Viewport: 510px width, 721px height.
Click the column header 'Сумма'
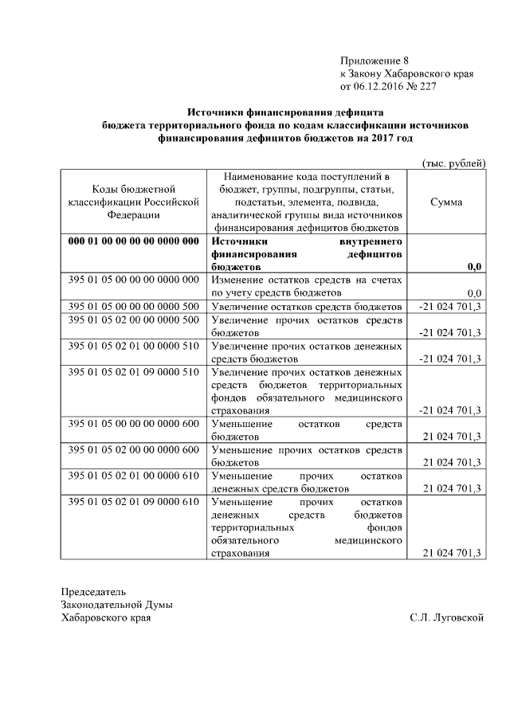pyautogui.click(x=446, y=202)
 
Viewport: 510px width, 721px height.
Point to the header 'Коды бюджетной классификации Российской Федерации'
pyautogui.click(x=132, y=202)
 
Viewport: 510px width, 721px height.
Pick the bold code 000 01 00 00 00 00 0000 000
pyautogui.click(x=132, y=241)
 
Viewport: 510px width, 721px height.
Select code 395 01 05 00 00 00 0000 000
pyautogui.click(x=132, y=280)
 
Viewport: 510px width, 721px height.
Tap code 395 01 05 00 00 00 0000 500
pyautogui.click(x=132, y=306)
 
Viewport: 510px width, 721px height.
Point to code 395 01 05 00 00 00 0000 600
pyautogui.click(x=132, y=423)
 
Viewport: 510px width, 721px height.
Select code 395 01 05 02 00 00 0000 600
pyautogui.click(x=132, y=449)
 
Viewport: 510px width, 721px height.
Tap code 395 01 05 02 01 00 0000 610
pyautogui.click(x=132, y=476)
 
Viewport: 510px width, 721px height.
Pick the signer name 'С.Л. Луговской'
pyautogui.click(x=446, y=617)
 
